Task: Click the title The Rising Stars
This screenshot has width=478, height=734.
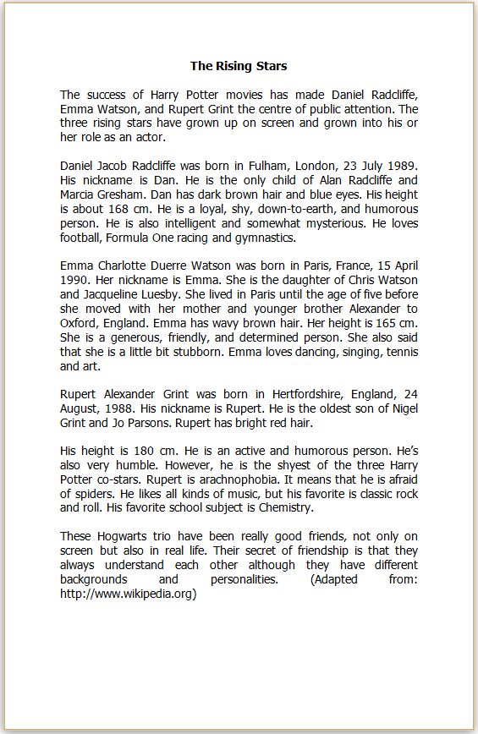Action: [239, 66]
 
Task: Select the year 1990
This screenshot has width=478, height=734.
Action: [76, 280]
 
